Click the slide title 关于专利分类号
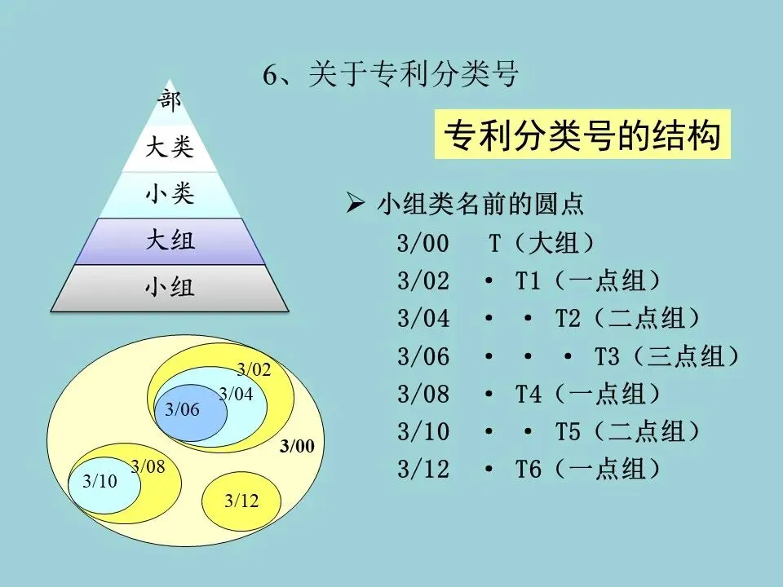tap(391, 75)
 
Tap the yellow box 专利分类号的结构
tap(582, 135)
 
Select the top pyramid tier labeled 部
tap(170, 101)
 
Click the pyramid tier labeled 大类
tap(170, 148)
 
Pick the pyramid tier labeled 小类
tap(170, 195)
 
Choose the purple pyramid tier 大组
tap(170, 241)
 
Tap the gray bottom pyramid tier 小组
tap(170, 288)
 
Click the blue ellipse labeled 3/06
tap(183, 410)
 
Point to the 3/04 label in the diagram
tap(236, 395)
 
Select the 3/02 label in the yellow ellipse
tap(253, 369)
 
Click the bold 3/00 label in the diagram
tap(296, 446)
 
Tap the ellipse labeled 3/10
tap(100, 481)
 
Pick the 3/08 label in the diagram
tap(148, 466)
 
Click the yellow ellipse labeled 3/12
tap(241, 500)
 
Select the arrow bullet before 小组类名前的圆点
tap(354, 204)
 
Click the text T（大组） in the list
tap(542, 243)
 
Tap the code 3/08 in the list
tap(423, 395)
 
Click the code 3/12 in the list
tap(423, 470)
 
